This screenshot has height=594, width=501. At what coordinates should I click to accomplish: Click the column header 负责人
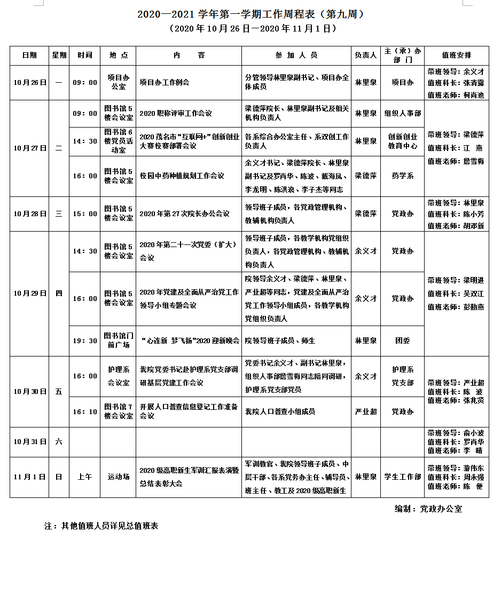366,56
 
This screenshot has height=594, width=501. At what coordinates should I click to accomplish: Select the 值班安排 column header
457,56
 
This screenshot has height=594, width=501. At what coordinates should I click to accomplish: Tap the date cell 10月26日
29,83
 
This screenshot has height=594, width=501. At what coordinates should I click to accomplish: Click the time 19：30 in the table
85,340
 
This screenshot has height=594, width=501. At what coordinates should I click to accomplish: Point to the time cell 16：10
85,411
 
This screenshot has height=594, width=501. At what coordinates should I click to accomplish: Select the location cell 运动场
118,477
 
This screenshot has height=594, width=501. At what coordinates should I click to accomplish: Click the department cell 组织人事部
403,113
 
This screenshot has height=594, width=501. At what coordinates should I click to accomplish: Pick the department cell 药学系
403,176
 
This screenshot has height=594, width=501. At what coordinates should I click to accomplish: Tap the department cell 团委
403,340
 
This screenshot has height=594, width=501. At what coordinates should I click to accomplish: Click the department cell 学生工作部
403,477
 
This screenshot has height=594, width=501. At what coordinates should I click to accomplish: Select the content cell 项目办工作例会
165,83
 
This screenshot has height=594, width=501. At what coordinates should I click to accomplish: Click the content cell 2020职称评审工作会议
176,113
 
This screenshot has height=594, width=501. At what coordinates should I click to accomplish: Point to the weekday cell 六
59,441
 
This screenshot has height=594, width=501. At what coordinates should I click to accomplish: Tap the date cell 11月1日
29,477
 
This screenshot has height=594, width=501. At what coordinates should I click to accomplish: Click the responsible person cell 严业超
366,411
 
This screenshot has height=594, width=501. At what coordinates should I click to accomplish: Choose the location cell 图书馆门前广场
118,340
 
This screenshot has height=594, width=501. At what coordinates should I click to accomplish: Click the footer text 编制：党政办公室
428,509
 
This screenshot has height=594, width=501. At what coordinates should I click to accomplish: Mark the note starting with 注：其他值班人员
101,526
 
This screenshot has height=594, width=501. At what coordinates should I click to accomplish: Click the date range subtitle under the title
250,28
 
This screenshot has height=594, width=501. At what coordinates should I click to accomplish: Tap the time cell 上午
85,477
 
